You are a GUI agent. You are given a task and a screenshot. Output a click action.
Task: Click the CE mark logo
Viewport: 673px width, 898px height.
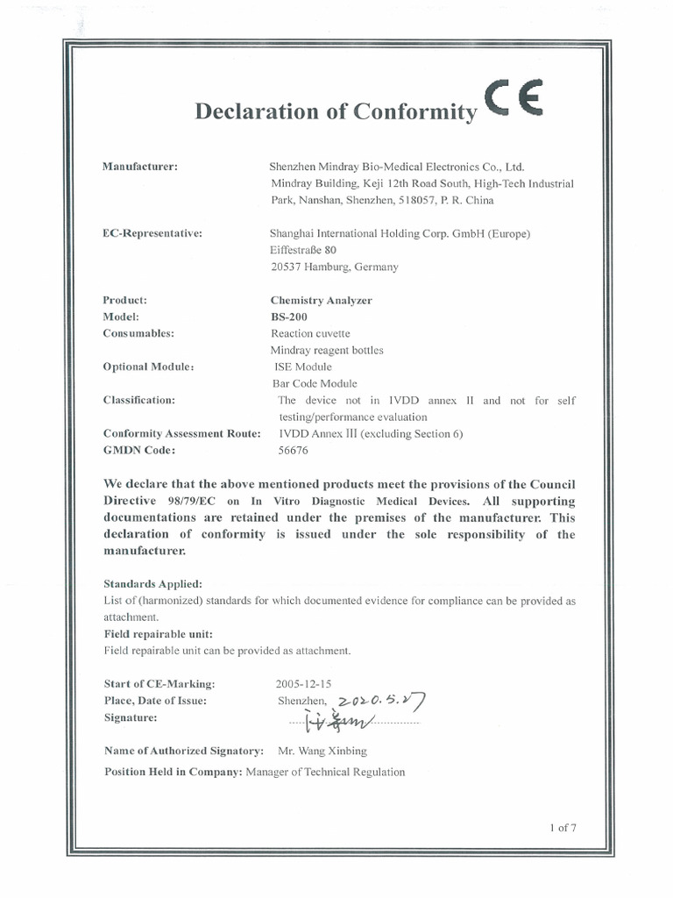click(x=514, y=98)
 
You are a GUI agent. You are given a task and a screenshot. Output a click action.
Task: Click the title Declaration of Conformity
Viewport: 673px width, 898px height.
click(x=336, y=112)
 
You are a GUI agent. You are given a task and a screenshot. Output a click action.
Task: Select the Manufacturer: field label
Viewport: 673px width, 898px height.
click(x=140, y=167)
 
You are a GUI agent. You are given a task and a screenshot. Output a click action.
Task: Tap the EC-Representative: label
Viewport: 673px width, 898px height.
click(x=152, y=233)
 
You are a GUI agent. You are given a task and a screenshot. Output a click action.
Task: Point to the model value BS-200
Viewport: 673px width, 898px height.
click(x=289, y=317)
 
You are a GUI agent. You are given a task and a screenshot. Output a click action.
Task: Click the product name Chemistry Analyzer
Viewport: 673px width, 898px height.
click(x=321, y=300)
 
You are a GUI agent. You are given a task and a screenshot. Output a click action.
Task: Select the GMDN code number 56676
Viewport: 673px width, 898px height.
click(x=294, y=450)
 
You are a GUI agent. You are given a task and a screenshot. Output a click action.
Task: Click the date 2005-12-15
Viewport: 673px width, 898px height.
click(x=304, y=683)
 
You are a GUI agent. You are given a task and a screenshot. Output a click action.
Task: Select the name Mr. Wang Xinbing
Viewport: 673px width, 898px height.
click(x=322, y=751)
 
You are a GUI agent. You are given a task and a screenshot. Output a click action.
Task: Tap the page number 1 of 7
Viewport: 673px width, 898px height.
click(x=563, y=827)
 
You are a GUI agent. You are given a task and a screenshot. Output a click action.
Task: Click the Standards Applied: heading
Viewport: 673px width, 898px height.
click(x=152, y=583)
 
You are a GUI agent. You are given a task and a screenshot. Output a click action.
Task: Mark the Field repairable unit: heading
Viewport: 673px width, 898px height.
click(x=158, y=634)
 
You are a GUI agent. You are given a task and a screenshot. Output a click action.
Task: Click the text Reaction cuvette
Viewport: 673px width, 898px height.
click(x=310, y=333)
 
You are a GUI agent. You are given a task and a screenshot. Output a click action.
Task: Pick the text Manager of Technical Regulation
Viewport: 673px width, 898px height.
click(x=325, y=772)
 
